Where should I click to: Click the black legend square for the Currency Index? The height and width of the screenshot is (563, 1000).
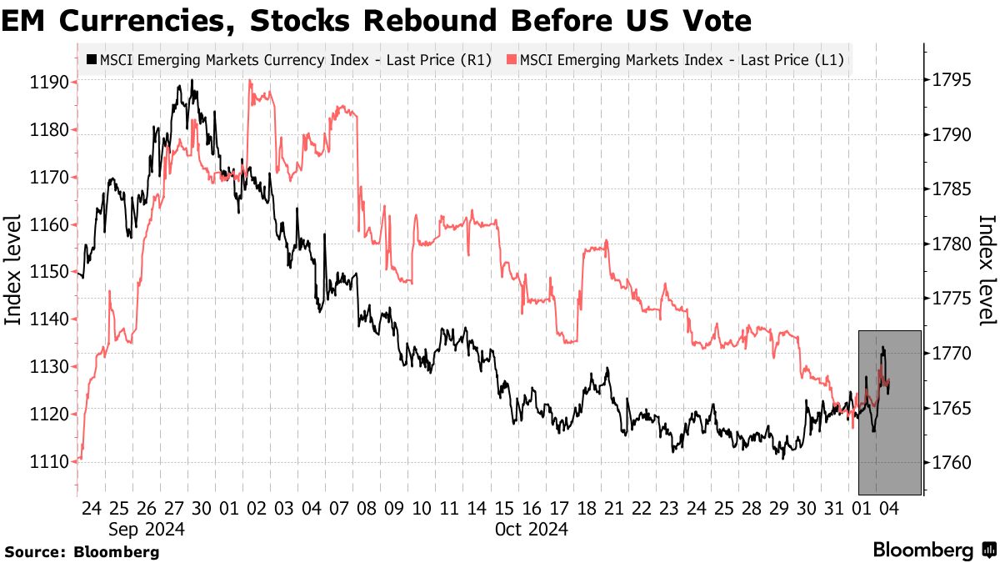(91, 59)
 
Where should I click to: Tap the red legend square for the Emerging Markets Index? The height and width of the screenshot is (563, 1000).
(511, 59)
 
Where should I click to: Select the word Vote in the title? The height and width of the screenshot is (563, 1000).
(717, 21)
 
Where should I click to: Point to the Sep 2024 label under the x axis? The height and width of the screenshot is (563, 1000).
(147, 529)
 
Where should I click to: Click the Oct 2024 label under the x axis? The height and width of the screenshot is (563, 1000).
(533, 529)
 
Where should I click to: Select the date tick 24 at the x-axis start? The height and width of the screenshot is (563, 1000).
(92, 508)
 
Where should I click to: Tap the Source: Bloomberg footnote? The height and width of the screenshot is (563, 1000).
(82, 551)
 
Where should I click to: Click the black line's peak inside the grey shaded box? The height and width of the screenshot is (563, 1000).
(882, 348)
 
